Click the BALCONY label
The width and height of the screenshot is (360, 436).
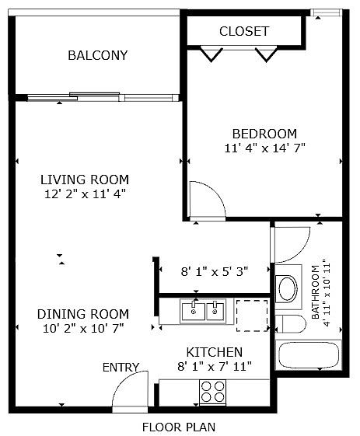(98, 55)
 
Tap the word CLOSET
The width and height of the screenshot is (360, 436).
(244, 31)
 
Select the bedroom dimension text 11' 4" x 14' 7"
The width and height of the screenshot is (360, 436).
(265, 148)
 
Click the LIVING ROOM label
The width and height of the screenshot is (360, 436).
(85, 180)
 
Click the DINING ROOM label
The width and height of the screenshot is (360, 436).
(83, 314)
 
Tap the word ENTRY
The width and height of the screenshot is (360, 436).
(121, 368)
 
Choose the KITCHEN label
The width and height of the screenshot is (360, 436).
(215, 352)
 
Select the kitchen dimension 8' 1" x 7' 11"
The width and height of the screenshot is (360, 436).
(215, 367)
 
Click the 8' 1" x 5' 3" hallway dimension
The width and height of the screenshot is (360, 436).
(215, 271)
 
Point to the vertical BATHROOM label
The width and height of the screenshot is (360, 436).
(315, 292)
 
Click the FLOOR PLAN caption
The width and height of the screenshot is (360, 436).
(179, 427)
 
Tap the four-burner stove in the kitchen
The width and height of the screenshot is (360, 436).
(213, 392)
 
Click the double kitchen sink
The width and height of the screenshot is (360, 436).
(203, 311)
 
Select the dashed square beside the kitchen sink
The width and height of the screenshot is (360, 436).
(252, 316)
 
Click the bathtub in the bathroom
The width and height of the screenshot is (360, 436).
(308, 355)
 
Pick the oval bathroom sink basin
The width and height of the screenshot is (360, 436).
(288, 288)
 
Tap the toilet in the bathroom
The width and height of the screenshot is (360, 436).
(290, 323)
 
